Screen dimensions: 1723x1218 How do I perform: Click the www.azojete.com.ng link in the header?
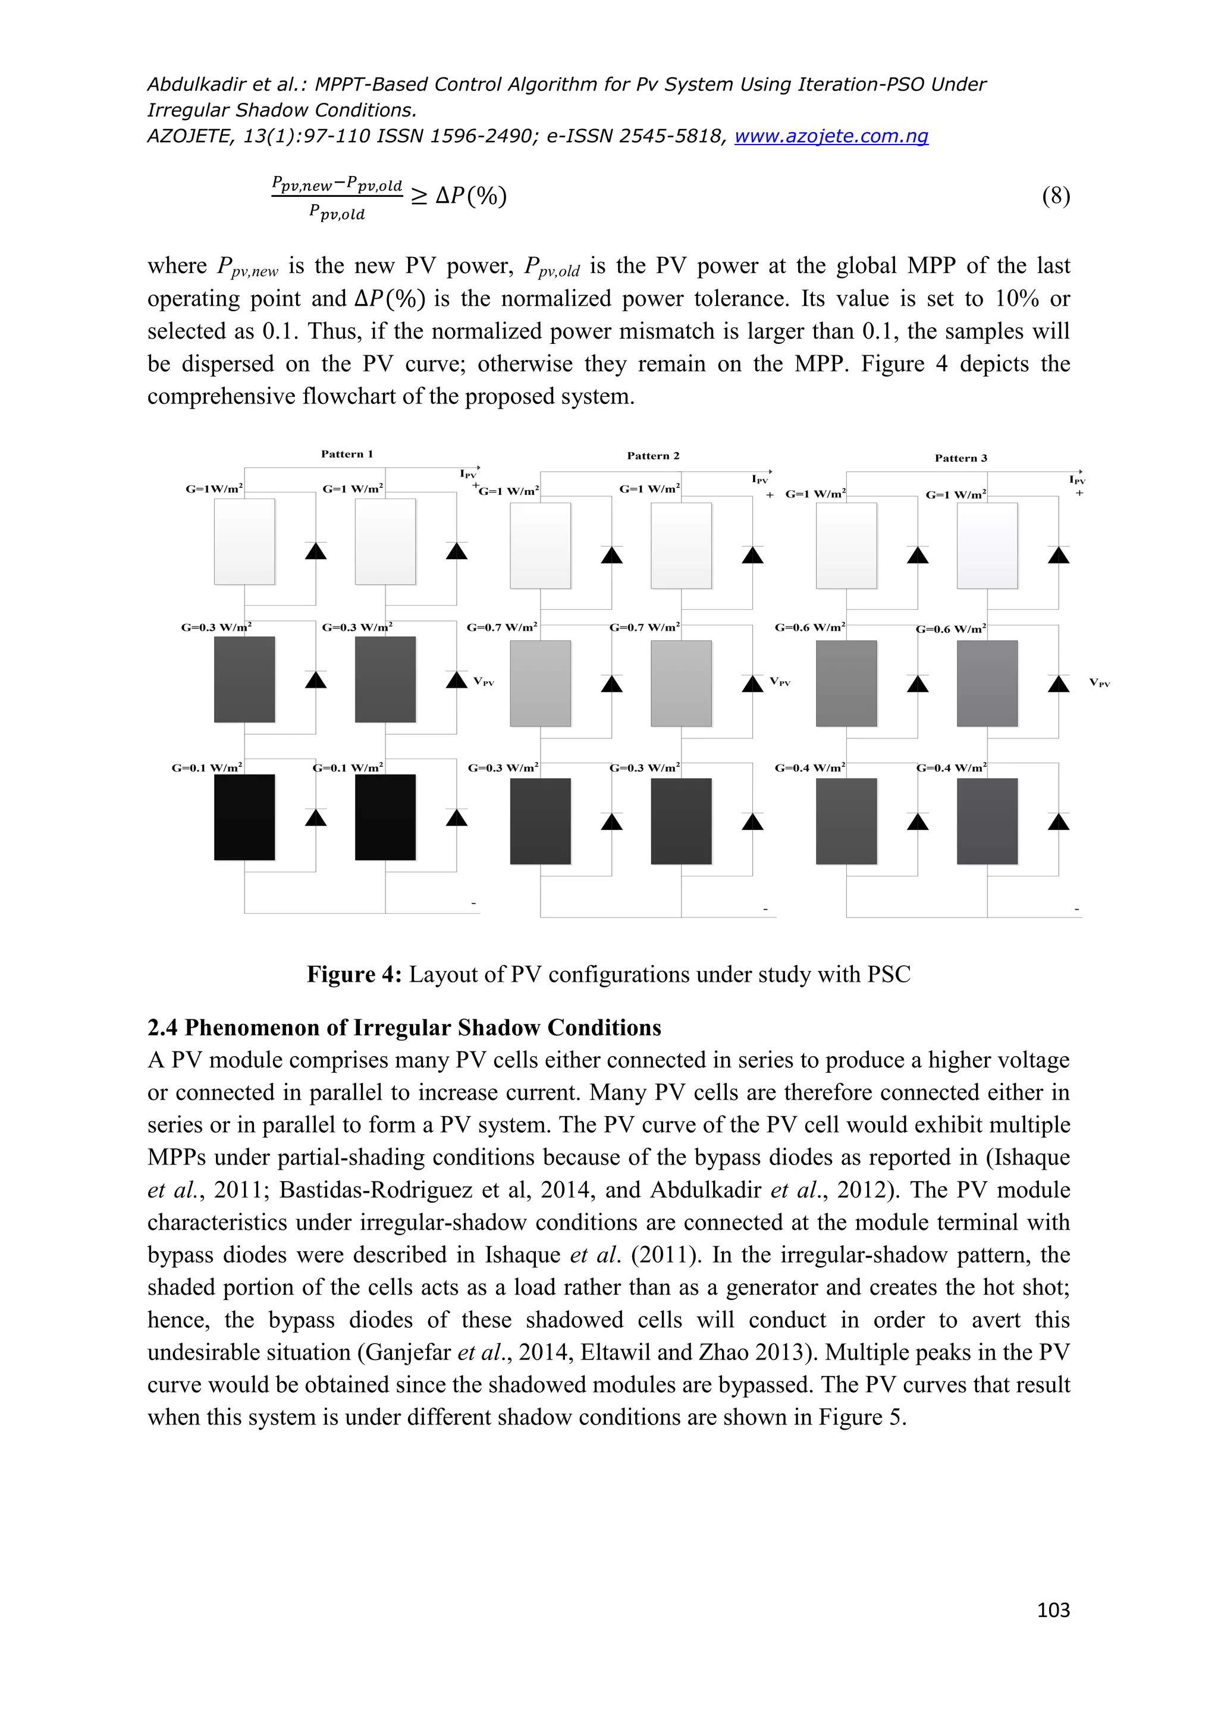pos(831,136)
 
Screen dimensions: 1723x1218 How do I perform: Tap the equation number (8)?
pos(1055,196)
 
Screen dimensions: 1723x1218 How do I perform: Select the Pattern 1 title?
pos(347,454)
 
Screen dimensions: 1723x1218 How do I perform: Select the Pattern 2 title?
pos(652,456)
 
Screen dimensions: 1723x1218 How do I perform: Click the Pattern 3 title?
pos(960,458)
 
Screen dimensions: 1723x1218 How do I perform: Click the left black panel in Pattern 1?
pos(244,817)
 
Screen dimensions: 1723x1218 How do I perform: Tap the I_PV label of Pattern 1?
pos(468,474)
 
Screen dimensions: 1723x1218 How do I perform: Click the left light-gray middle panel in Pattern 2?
pos(540,683)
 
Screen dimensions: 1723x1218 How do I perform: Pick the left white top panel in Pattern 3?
pos(846,546)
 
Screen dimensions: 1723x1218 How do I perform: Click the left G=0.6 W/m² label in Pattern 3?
pos(810,626)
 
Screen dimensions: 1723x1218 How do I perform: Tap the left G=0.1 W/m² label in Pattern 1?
pos(206,767)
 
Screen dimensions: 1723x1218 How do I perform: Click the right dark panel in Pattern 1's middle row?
pos(385,679)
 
